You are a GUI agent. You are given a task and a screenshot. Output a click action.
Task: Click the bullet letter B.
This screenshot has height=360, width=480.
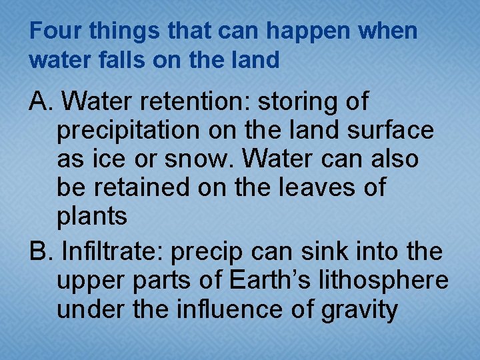pyautogui.click(x=42, y=252)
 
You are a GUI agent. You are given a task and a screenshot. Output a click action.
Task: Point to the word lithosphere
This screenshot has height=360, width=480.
pyautogui.click(x=387, y=281)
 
